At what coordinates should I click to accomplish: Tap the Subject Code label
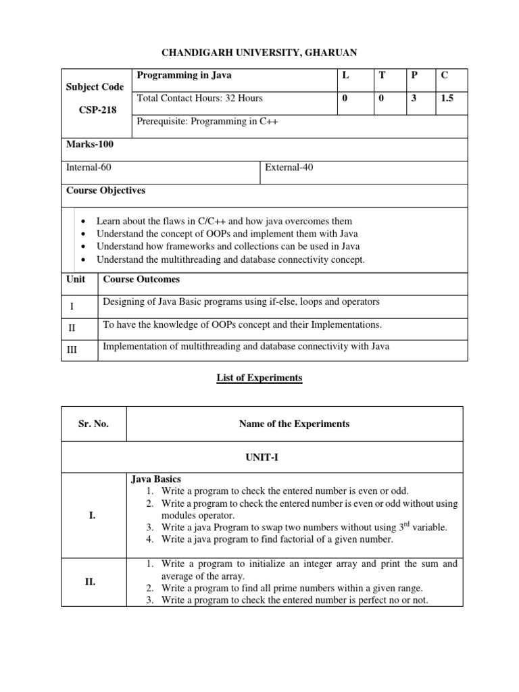(x=95, y=87)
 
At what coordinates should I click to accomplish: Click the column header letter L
(x=345, y=76)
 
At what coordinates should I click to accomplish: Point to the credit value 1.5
(x=447, y=98)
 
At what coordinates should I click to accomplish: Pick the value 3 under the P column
(x=413, y=98)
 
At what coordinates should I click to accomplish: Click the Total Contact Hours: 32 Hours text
(x=200, y=98)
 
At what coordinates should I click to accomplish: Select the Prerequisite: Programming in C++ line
(x=207, y=122)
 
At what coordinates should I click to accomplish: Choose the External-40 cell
(x=289, y=167)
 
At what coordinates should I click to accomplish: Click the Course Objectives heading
(x=105, y=191)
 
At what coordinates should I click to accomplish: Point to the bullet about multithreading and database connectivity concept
(x=230, y=259)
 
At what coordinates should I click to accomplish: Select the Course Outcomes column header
(x=141, y=279)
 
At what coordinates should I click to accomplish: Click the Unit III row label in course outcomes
(x=72, y=352)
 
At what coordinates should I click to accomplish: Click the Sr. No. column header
(x=93, y=424)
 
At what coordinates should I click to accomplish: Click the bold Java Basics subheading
(x=157, y=479)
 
